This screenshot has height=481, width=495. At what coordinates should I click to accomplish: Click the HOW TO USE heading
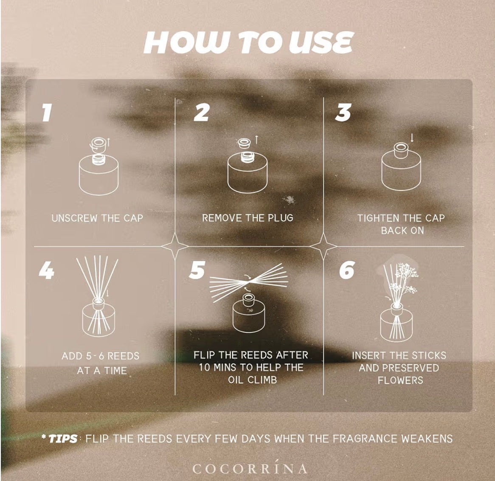[x=248, y=42]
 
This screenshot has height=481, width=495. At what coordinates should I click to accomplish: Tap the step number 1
[x=47, y=113]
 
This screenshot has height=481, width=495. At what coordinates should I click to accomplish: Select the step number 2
[x=201, y=113]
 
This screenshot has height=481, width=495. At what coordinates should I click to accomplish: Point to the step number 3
[x=343, y=113]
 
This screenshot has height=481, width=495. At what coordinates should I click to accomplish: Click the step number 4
[x=46, y=270]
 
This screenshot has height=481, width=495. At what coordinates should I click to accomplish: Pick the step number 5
[x=197, y=270]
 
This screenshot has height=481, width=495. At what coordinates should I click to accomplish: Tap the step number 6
[x=346, y=270]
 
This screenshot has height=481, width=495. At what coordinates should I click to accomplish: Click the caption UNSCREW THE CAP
[x=97, y=218]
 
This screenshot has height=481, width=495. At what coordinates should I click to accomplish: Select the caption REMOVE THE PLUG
[x=247, y=218]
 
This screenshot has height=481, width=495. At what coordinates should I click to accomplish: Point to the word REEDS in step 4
[x=124, y=356]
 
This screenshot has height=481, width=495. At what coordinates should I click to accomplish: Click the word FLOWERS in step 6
[x=400, y=380]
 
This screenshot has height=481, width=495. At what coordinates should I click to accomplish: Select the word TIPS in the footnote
[x=63, y=439]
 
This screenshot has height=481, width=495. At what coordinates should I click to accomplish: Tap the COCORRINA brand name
[x=249, y=468]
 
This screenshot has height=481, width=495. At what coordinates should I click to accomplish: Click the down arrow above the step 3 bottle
[x=412, y=138]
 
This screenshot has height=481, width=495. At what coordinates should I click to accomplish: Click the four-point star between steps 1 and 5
[x=175, y=246]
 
